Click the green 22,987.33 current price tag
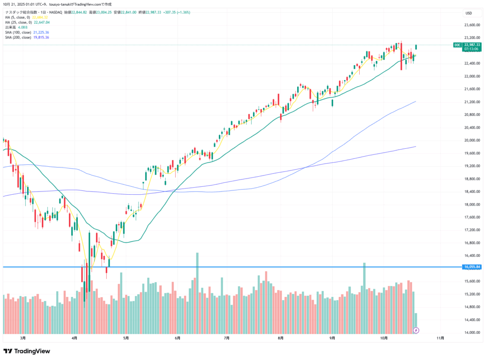[x=473, y=45]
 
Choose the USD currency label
[x=468, y=13]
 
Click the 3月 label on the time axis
[x=23, y=338]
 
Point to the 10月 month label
[x=384, y=338]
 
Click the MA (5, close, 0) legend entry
[x=19, y=17]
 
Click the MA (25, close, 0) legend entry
[x=19, y=22]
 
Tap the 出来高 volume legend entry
[x=10, y=27]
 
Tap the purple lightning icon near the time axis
[x=416, y=330]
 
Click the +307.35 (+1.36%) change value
[x=176, y=12]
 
